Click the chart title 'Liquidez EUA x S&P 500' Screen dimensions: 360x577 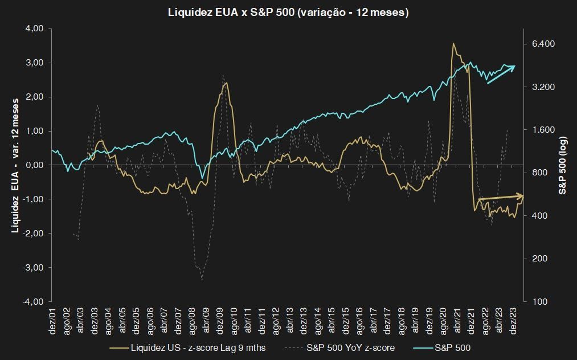coord(288,12)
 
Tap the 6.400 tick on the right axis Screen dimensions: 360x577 coord(542,44)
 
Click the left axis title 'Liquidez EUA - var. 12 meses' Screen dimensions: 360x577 coord(15,165)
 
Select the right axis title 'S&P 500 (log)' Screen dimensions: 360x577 coord(563,165)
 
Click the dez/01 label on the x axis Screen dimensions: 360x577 coord(53,321)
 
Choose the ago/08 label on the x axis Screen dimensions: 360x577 coord(193,321)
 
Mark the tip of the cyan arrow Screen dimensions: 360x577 coord(515,66)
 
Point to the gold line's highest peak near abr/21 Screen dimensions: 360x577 coord(453,43)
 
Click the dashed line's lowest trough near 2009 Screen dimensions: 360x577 coord(202,280)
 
